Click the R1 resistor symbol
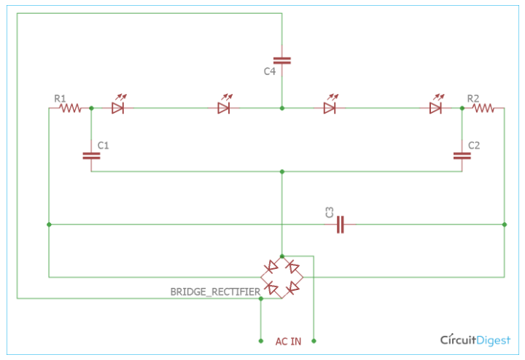click(x=69, y=109)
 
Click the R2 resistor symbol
click(x=483, y=109)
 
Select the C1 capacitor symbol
click(x=91, y=154)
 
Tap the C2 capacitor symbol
click(x=462, y=154)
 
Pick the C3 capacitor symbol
click(x=340, y=224)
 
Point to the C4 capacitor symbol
click(x=282, y=60)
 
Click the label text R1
click(x=60, y=98)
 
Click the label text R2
click(x=473, y=98)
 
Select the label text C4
click(x=270, y=71)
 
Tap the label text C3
click(x=330, y=212)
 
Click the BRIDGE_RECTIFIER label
click(x=215, y=291)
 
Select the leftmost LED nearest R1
click(x=118, y=108)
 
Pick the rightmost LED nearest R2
click(x=436, y=108)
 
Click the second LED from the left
click(x=224, y=108)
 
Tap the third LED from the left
click(x=330, y=108)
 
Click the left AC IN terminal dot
click(x=260, y=340)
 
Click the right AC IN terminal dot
click(x=314, y=340)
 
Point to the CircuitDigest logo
click(x=475, y=340)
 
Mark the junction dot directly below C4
click(x=282, y=108)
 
